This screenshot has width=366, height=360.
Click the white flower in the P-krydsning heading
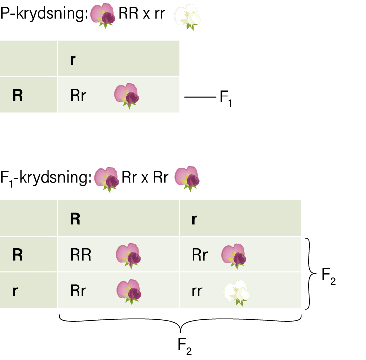(x=188, y=17)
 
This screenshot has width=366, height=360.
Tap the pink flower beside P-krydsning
(x=103, y=16)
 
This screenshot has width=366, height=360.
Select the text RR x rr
(x=142, y=14)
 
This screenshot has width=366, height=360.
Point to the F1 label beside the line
(x=226, y=98)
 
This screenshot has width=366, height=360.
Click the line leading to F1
(x=200, y=97)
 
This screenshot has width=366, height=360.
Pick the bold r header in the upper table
(x=73, y=60)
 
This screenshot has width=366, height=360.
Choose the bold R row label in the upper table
(x=18, y=95)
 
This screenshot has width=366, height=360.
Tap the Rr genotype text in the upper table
(x=78, y=95)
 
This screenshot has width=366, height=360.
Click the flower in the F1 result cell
(x=126, y=96)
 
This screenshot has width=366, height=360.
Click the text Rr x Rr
(x=145, y=177)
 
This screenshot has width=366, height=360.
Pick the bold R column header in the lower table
(x=75, y=219)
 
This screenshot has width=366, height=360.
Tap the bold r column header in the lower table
(x=194, y=219)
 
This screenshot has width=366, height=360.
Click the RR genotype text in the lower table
(x=80, y=255)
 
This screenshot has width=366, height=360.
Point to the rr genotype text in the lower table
(x=197, y=291)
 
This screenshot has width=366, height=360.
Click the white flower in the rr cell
(x=237, y=293)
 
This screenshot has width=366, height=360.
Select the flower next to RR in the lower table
(x=128, y=256)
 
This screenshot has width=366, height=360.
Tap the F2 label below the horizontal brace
(x=185, y=346)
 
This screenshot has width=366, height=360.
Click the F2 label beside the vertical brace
(x=329, y=276)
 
